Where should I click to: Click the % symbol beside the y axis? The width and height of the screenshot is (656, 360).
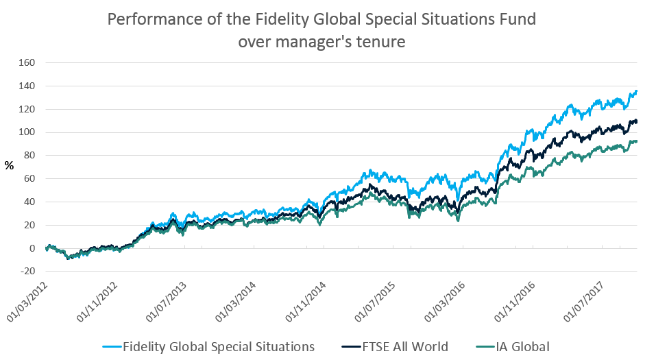(10, 165)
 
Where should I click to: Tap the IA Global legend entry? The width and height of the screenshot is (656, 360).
(525, 346)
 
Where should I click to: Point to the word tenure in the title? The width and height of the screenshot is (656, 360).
(380, 42)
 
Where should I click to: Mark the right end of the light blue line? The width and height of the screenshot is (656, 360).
(637, 91)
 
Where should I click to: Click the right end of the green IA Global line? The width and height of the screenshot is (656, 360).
(637, 141)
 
